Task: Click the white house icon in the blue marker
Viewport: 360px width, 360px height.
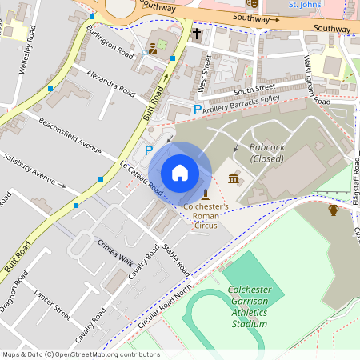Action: click(180, 173)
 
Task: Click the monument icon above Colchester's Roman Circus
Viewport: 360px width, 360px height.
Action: click(206, 194)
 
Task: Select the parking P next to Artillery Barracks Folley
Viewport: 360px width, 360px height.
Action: click(197, 109)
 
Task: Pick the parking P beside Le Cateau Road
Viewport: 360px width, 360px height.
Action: click(147, 149)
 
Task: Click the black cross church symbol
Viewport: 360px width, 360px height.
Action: click(197, 34)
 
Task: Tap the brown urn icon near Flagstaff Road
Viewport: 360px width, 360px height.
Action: click(334, 210)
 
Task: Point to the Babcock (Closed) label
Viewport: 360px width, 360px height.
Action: click(267, 153)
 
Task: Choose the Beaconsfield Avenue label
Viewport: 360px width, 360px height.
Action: click(70, 136)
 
